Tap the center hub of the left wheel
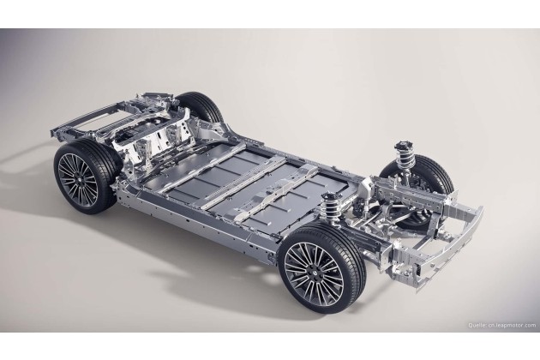point(78,181)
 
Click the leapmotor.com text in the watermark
point(513,325)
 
